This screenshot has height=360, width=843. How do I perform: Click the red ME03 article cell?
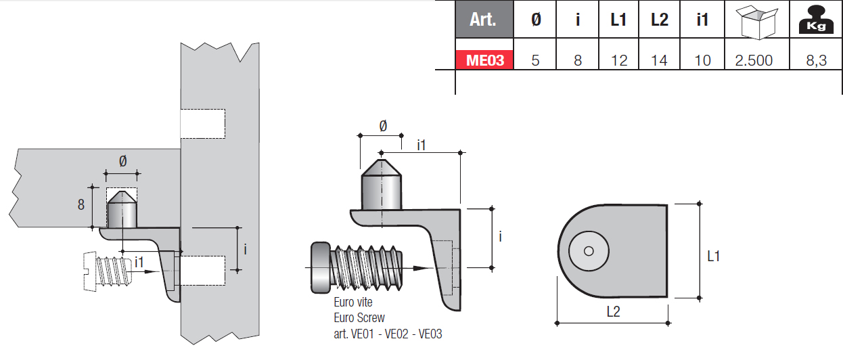click(x=484, y=60)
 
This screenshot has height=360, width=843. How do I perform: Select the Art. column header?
click(x=484, y=19)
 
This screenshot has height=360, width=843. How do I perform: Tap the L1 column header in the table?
click(x=618, y=20)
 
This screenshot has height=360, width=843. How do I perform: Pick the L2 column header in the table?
click(x=660, y=20)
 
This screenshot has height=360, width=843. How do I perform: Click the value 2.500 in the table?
click(x=754, y=60)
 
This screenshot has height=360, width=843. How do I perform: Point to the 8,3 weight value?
click(x=816, y=60)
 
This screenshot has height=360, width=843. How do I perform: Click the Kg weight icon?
click(x=816, y=20)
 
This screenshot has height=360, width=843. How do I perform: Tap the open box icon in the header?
click(x=757, y=22)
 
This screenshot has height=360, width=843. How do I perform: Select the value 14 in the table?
click(x=659, y=60)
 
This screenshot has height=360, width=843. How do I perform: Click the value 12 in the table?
click(x=618, y=60)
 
